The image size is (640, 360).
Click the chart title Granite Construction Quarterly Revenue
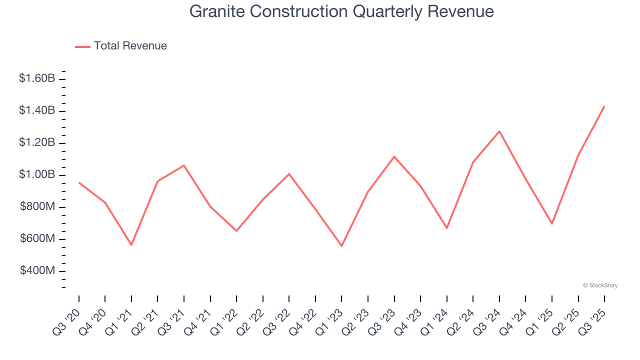341,11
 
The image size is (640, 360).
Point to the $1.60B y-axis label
37,78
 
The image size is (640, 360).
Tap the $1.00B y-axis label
37,174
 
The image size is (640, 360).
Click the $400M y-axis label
37,270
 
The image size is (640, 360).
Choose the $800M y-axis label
37,206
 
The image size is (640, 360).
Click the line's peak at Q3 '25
604,106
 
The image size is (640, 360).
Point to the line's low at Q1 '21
131,245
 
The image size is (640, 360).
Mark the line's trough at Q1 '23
342,246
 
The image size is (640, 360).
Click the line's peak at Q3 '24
499,131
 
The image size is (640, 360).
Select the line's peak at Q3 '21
184,165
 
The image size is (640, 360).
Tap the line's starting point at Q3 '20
79,182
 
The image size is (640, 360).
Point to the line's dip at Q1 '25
552,223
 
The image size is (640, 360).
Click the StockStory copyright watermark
600,285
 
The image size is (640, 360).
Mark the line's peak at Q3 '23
394,156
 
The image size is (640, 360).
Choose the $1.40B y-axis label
37,110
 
